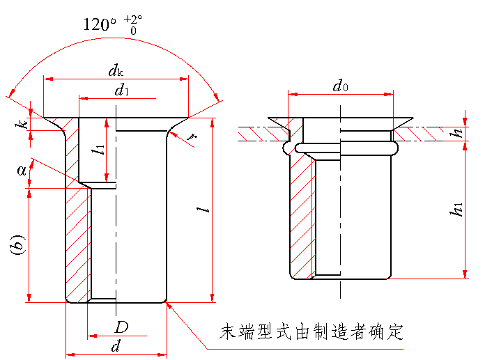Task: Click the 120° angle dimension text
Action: [x=100, y=24]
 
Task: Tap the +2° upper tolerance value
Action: [x=131, y=19]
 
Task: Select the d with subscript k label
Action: [x=115, y=70]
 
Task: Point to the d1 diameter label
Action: [x=121, y=89]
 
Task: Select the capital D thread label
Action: [x=122, y=327]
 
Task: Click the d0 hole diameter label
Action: [x=340, y=86]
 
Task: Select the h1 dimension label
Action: [x=456, y=210]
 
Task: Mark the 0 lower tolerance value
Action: [x=132, y=31]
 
